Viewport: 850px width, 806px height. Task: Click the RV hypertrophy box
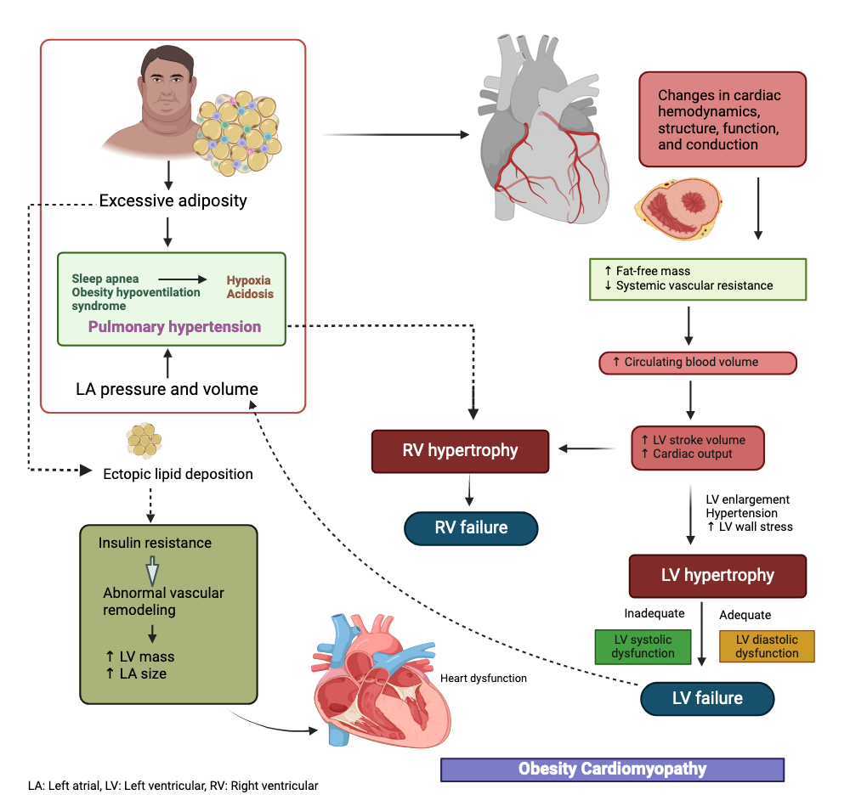pos(460,450)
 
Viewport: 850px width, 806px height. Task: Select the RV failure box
pos(471,527)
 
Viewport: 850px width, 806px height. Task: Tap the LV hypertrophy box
pos(717,575)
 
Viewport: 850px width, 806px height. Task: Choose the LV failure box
pos(707,698)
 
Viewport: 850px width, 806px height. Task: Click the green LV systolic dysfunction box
pos(643,646)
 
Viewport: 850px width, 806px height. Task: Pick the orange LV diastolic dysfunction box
pos(767,646)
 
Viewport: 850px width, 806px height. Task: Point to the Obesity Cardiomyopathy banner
pos(612,769)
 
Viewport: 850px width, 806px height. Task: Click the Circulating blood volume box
pos(697,363)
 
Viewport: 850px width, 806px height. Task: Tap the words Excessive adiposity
pos(173,201)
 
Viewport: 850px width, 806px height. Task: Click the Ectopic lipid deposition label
pos(178,474)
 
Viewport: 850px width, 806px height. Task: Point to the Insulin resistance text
pos(155,543)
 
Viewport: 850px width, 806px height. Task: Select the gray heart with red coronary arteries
pos(544,136)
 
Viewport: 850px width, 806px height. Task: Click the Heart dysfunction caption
pos(484,679)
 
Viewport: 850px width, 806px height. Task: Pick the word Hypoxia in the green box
pos(249,279)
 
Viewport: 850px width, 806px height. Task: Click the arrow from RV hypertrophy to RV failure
pos(468,492)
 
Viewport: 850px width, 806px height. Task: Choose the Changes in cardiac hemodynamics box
pos(719,120)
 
